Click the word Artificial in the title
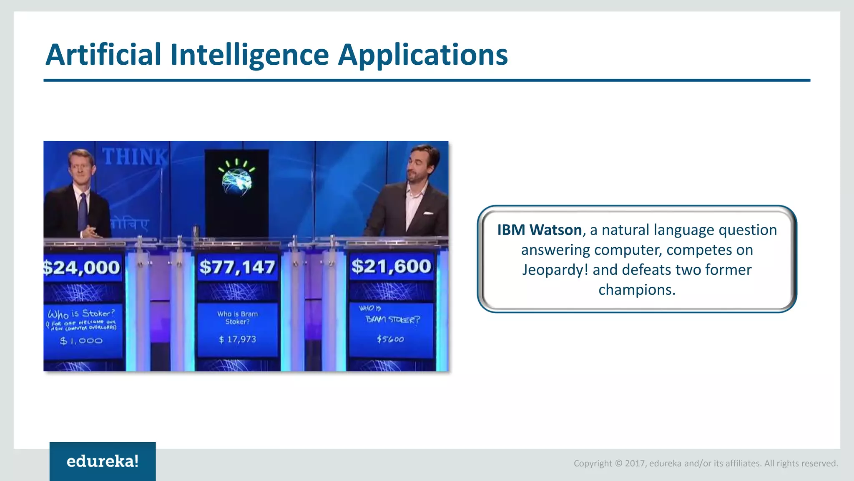[x=103, y=55]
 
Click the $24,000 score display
[x=82, y=267]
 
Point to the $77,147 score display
[x=237, y=267]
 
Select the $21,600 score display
[x=391, y=266]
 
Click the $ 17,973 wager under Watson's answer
[x=237, y=339]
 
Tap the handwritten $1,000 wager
[x=81, y=341]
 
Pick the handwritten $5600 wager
[x=390, y=339]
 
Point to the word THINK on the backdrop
[x=135, y=157]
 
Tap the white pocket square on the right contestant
[x=428, y=213]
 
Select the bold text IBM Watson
[x=539, y=230]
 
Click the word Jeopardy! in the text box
[x=555, y=270]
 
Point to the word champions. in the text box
[x=637, y=290]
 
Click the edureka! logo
[x=103, y=461]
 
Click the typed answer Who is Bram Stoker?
[x=237, y=318]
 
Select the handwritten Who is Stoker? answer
[x=81, y=314]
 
